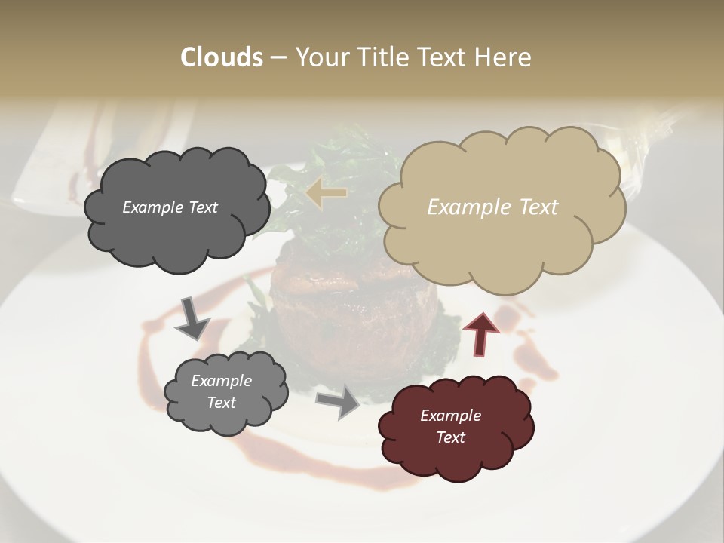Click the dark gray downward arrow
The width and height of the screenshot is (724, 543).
pos(192,318)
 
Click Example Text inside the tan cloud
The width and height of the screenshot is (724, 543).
pos(492,207)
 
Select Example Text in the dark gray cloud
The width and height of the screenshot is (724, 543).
pos(170,207)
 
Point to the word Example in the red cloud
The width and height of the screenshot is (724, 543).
pos(450,416)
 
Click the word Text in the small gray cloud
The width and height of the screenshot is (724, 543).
pos(221,403)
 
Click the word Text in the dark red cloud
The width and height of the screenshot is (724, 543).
pos(450,437)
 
